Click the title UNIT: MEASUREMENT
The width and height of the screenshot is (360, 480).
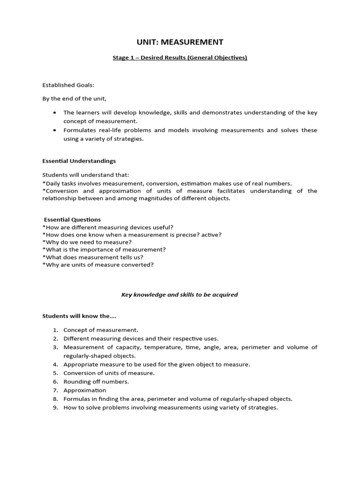(180, 42)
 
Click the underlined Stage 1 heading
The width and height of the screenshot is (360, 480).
(180, 58)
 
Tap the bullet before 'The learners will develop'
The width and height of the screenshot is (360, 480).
(55, 113)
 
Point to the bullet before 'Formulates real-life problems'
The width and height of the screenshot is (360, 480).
(55, 130)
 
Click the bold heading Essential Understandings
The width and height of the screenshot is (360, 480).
(79, 161)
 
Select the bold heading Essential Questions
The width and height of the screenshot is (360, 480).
(72, 219)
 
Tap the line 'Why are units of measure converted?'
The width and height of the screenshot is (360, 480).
(98, 264)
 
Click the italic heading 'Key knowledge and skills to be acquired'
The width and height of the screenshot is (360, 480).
(180, 295)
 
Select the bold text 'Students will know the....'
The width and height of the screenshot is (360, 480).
(79, 316)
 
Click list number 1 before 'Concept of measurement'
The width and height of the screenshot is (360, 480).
(55, 330)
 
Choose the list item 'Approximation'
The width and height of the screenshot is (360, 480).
(85, 390)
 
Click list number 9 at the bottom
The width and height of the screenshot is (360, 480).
(55, 407)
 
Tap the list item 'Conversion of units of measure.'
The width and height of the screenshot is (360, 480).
(109, 373)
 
